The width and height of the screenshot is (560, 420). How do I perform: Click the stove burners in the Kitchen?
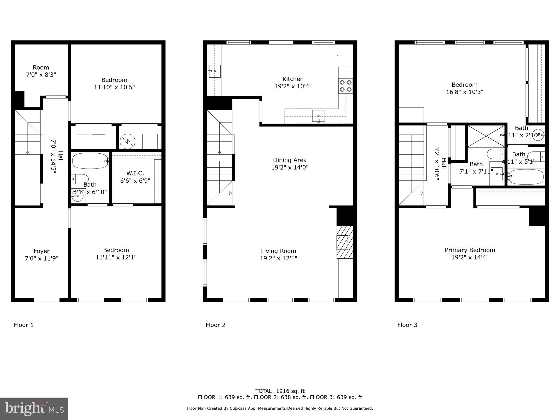tap(346, 86)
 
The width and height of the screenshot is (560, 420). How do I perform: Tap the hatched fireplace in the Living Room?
tap(345, 242)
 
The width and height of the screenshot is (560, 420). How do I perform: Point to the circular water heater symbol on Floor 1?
tap(127, 141)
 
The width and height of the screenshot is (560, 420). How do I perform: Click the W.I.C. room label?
tap(135, 173)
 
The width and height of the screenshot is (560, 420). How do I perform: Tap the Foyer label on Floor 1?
tap(42, 251)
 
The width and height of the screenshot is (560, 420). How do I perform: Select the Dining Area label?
tap(290, 160)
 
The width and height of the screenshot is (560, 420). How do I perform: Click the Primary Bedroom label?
tap(470, 250)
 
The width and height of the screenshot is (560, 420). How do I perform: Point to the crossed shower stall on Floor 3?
tap(486, 136)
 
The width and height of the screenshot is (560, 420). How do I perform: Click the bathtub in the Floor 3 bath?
tap(526, 177)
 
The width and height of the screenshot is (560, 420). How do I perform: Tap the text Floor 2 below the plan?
tap(215, 325)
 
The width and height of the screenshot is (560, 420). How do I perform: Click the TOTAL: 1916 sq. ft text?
tap(280, 391)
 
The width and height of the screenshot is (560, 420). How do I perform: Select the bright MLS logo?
tap(34, 409)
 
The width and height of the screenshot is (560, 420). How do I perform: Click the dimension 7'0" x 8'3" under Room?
tap(41, 75)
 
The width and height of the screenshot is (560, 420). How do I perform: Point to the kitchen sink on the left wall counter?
tap(215, 71)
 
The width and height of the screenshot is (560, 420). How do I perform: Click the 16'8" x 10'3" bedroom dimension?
tap(465, 92)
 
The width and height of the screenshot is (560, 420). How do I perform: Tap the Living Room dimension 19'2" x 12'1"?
tap(278, 258)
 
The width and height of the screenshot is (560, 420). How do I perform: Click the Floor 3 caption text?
tap(407, 325)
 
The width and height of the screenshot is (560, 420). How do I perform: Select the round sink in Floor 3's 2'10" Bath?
tap(537, 135)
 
